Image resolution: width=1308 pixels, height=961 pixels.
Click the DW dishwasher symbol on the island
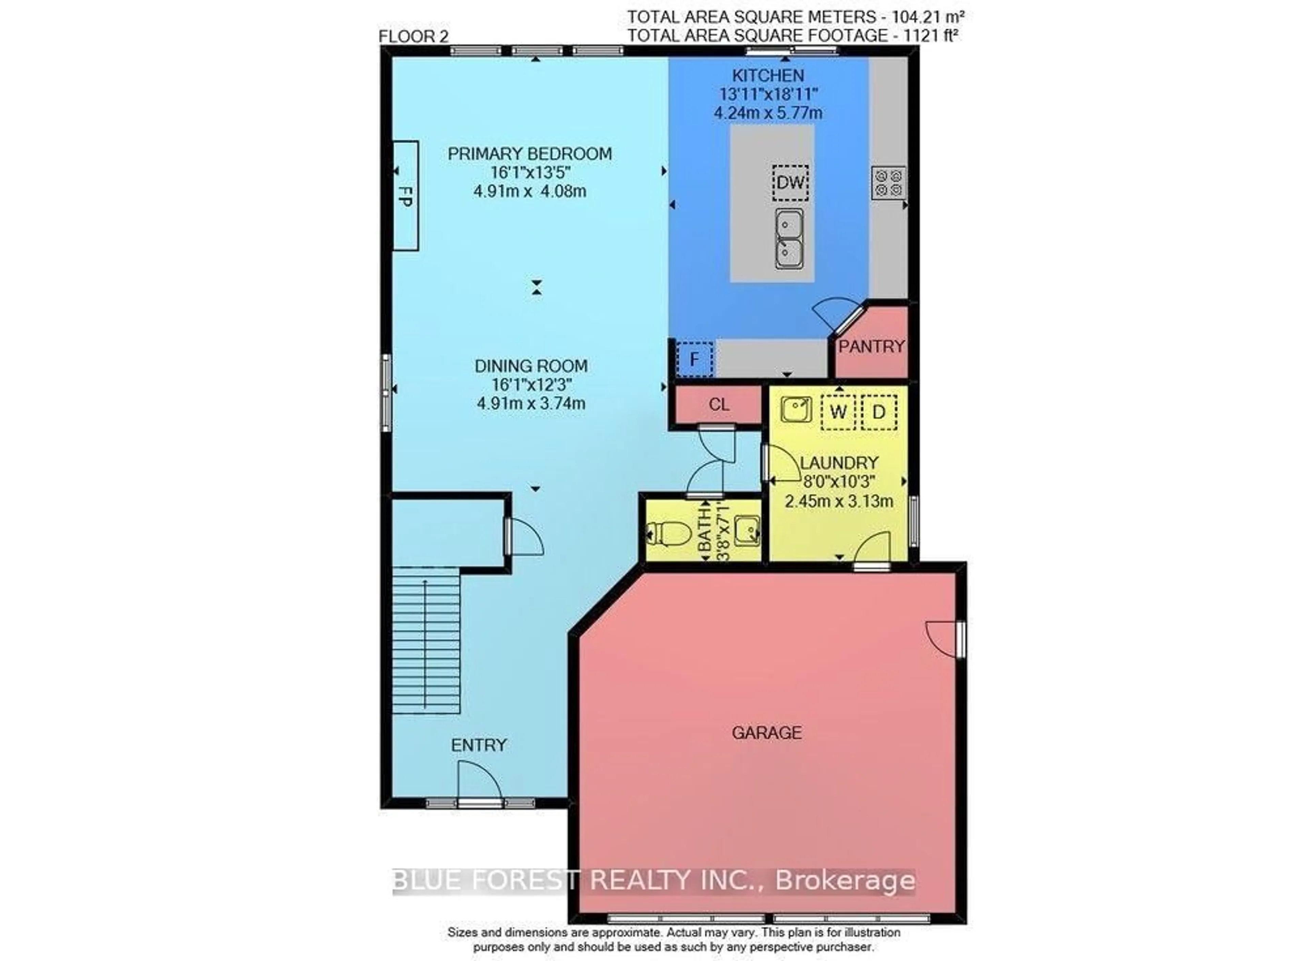(790, 183)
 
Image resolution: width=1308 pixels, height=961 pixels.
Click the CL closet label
(719, 404)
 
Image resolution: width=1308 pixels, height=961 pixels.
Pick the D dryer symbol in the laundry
(878, 412)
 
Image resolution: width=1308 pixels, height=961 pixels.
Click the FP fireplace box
(406, 196)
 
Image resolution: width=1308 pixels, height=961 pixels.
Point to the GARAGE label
(766, 733)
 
